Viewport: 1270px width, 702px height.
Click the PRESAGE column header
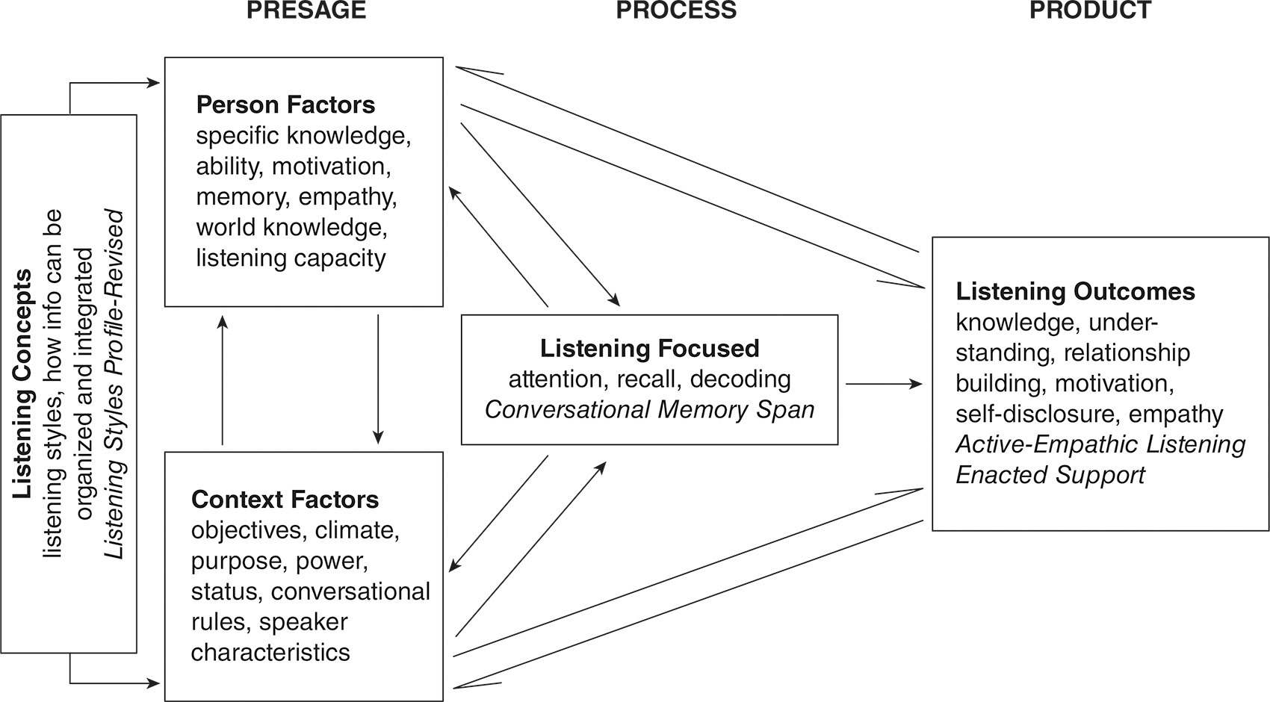click(x=306, y=10)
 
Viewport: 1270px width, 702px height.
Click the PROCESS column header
click(x=675, y=10)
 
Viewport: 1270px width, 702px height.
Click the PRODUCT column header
click(x=1090, y=10)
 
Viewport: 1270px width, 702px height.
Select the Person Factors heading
click(x=285, y=105)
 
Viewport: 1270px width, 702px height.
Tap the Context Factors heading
click(x=285, y=499)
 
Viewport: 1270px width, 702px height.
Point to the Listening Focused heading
click(x=649, y=348)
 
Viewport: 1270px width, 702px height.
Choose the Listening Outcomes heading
click(x=1075, y=291)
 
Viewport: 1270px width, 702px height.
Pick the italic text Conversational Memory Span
click(x=649, y=409)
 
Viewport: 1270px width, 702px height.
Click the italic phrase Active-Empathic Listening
click(x=1100, y=444)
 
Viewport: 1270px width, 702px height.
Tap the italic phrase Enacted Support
click(x=1050, y=475)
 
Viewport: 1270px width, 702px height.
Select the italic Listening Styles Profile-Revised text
click(x=114, y=384)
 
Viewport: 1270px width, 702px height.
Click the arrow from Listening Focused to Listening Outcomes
click(x=884, y=384)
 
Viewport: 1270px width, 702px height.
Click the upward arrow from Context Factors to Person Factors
click(x=222, y=379)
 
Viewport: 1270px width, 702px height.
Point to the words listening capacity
click(x=291, y=258)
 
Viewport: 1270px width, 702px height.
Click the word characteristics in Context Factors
click(x=270, y=652)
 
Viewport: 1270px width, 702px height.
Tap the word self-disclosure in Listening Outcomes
click(x=1038, y=414)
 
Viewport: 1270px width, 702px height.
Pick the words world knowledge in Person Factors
click(x=291, y=227)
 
